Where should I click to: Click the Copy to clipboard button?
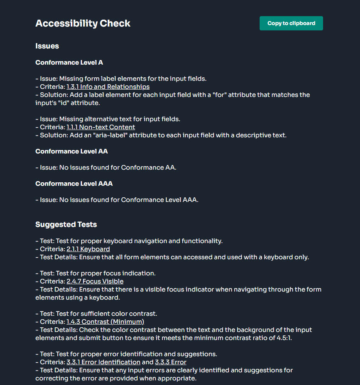(291, 23)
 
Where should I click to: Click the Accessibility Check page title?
(83, 23)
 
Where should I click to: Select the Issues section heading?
(47, 46)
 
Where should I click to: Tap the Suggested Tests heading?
(66, 225)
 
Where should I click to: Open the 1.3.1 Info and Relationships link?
(108, 87)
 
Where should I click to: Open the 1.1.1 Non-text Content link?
(100, 127)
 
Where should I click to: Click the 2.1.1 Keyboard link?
(88, 249)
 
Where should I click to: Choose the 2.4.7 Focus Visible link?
(95, 282)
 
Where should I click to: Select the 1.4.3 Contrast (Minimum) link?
(105, 322)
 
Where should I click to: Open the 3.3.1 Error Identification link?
(103, 362)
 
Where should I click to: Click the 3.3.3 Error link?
(170, 362)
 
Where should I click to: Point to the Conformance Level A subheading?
(69, 62)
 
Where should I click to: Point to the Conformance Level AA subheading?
(72, 152)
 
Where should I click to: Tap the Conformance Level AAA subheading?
(74, 184)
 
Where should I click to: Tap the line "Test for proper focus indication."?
(106, 273)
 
